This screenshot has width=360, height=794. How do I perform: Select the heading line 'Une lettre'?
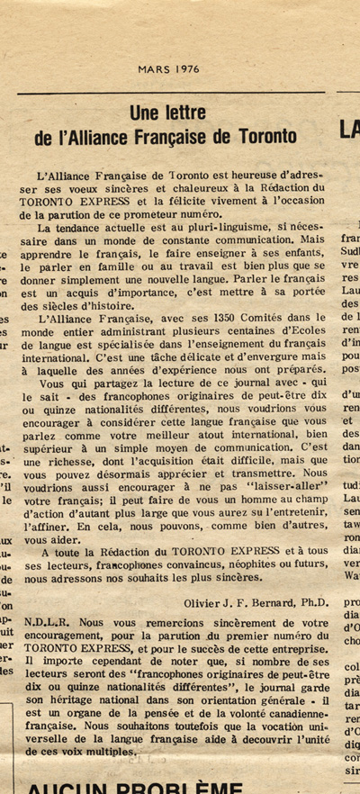pos(167,113)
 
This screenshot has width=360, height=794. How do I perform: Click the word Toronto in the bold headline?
pos(267,137)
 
